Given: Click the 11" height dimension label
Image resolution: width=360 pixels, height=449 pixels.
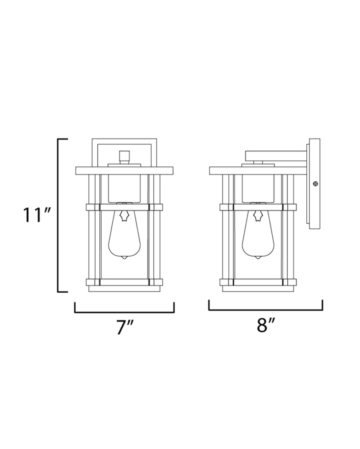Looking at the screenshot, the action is click(37, 215).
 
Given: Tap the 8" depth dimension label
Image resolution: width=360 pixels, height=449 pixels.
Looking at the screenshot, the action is click(266, 325).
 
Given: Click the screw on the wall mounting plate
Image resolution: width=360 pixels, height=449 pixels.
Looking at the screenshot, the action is click(315, 183).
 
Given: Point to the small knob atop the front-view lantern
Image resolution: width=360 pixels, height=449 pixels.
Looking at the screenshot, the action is click(124, 157).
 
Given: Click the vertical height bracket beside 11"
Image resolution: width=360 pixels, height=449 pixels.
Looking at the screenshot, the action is click(58, 215).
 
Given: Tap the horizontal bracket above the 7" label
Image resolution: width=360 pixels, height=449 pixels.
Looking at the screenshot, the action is click(124, 311).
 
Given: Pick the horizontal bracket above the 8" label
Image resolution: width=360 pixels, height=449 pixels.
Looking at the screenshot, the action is click(266, 309).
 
